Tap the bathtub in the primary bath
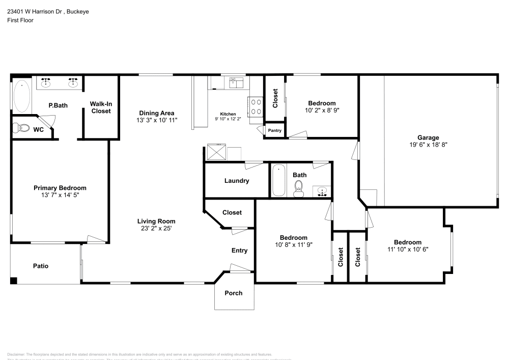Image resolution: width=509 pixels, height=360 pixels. coord(22,95)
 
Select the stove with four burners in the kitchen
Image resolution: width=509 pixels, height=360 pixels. coord(256,107)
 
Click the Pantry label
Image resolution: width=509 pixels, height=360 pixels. coord(274,130)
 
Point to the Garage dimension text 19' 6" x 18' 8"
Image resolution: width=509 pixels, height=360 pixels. coord(428,145)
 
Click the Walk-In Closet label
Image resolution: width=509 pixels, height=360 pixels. coord(101,107)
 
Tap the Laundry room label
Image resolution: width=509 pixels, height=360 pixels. coord(236,181)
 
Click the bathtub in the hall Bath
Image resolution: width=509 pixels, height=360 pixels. coord(278,181)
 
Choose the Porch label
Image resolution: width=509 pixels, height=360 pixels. coord(234,293)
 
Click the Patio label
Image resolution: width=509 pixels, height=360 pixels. coord(41,266)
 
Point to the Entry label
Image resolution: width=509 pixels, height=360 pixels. coord(239,250)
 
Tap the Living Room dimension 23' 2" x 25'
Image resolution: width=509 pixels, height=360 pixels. coord(156,229)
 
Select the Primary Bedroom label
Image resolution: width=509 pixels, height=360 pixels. coord(60,187)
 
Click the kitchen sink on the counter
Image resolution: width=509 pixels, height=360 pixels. coord(236,81)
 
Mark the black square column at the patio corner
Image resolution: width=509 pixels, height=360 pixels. coord(14,280)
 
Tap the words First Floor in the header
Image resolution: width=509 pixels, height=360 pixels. coord(20,20)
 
